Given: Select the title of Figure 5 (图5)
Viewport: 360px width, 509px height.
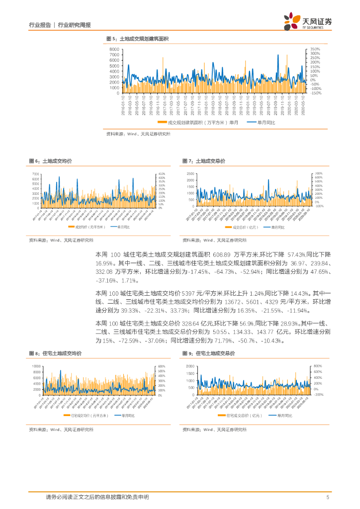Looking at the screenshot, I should [138, 39].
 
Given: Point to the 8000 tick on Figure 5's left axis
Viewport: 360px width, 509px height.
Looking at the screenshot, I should [114, 50].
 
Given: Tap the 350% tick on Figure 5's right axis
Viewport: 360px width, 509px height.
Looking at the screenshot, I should [315, 50].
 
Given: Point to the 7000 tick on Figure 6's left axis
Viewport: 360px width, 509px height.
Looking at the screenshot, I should [35, 174].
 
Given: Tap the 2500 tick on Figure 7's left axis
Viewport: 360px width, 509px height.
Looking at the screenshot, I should [190, 174].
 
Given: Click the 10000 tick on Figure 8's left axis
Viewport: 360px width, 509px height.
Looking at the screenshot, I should [35, 366].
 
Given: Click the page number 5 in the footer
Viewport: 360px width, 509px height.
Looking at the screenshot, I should [328, 497].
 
